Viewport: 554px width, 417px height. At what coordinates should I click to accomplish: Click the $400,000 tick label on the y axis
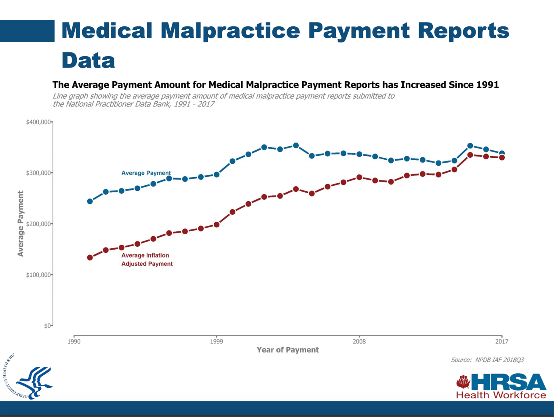click(x=38, y=122)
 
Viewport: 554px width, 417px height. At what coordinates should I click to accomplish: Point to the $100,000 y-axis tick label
click(x=38, y=275)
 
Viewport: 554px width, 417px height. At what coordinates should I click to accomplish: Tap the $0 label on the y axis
click(x=47, y=326)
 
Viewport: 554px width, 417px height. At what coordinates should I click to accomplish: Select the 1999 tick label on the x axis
click(x=217, y=342)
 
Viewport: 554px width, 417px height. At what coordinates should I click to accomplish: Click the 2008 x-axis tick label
click(x=359, y=342)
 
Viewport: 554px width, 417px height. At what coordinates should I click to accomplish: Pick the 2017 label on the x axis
click(x=501, y=342)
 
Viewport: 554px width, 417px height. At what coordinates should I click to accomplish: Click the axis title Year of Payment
click(x=288, y=350)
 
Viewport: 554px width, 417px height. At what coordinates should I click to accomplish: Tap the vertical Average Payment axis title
click(x=21, y=223)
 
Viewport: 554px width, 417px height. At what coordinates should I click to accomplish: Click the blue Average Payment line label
click(x=146, y=173)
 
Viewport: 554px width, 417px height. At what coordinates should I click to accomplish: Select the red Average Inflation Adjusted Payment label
click(x=147, y=260)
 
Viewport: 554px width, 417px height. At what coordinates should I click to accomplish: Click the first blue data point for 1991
click(x=90, y=201)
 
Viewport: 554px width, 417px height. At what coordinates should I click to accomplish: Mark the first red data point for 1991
click(x=90, y=258)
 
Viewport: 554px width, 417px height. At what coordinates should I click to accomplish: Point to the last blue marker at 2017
click(x=502, y=153)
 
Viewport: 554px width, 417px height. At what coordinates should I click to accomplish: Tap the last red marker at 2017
click(x=502, y=158)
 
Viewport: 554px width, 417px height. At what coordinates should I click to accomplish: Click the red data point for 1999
click(x=217, y=224)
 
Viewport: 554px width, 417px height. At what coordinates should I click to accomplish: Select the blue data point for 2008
click(x=359, y=154)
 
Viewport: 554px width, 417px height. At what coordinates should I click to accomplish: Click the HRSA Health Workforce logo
click(x=501, y=386)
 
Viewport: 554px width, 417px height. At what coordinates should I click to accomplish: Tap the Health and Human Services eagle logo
click(x=30, y=380)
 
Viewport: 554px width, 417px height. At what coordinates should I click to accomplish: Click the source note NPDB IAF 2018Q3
click(x=487, y=360)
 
